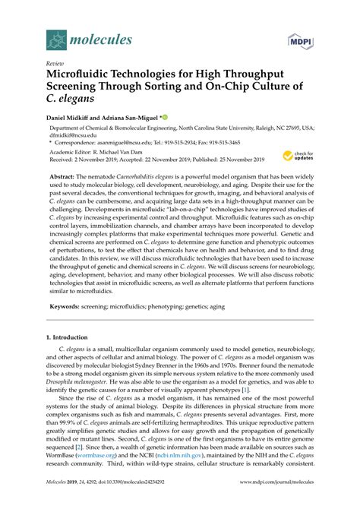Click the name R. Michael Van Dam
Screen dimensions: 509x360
coord(134,152)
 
